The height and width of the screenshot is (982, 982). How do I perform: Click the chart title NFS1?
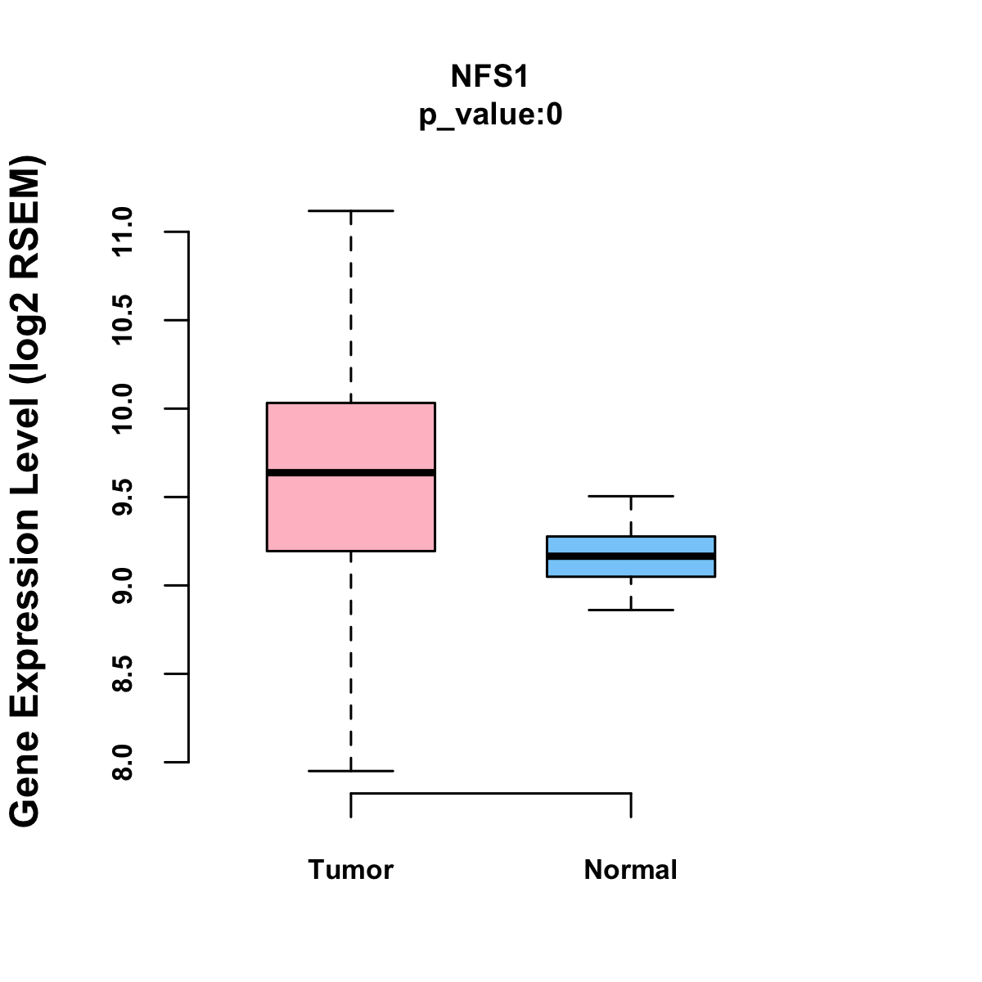tap(490, 77)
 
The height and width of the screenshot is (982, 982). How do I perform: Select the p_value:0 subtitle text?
tap(490, 115)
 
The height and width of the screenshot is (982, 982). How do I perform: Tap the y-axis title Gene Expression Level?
tap(25, 491)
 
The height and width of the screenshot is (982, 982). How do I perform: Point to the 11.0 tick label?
tap(123, 232)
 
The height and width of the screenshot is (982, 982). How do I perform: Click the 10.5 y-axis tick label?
tap(123, 320)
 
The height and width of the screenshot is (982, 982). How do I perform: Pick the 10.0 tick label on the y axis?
tap(123, 408)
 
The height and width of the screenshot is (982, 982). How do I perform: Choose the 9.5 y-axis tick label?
tap(123, 497)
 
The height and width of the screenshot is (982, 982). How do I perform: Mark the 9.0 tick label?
tap(123, 585)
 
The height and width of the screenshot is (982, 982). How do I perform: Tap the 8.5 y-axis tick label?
tap(123, 673)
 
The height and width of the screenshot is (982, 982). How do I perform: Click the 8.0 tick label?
tap(123, 762)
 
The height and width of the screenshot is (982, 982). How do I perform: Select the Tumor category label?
tap(351, 870)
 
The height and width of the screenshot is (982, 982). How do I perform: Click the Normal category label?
tap(631, 870)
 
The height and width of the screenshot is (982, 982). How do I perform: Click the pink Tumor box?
tap(351, 434)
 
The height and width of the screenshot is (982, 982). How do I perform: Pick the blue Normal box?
tap(631, 568)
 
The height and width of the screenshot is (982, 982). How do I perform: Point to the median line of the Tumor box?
tap(351, 472)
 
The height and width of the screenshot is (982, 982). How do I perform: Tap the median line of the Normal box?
tap(631, 556)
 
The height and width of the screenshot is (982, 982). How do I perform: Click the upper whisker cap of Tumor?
tap(351, 211)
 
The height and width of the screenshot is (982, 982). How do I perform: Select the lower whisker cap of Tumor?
tap(351, 771)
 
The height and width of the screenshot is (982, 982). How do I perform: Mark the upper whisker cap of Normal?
tap(631, 496)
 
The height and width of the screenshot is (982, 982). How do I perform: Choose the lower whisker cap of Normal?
tap(631, 610)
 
